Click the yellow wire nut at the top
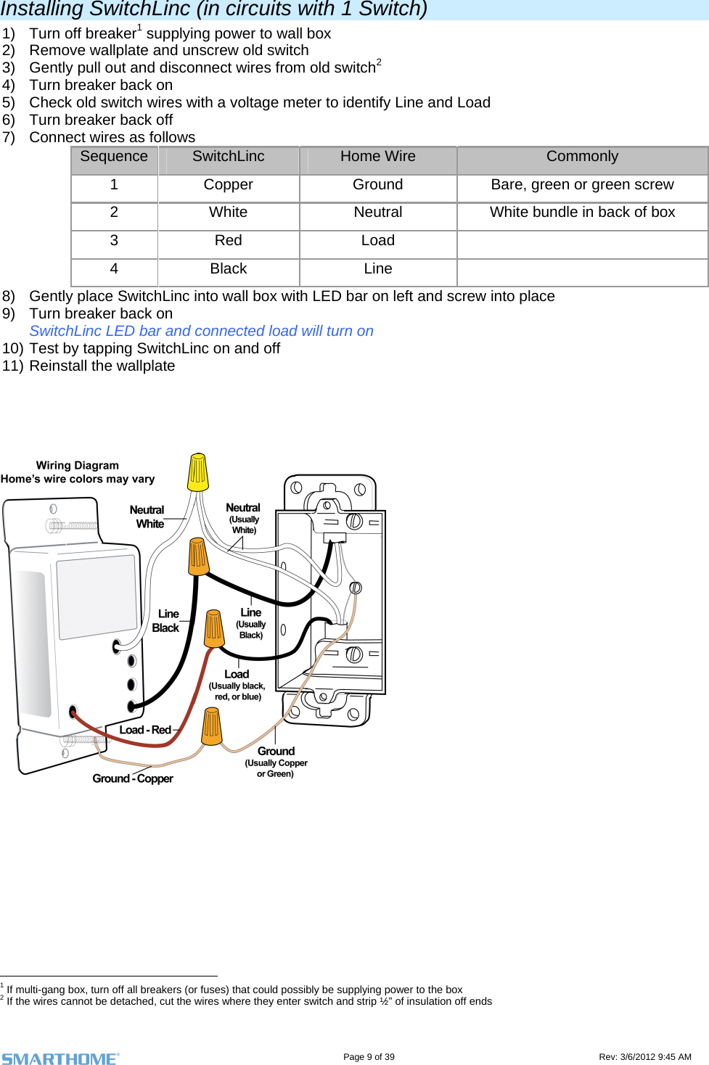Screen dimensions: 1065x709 coord(198,472)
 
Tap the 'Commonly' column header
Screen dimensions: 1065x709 coord(582,157)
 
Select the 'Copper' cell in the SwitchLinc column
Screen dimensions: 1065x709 coord(228,185)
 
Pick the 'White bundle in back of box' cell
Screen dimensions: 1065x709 coord(582,213)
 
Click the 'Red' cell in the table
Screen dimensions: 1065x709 coord(228,241)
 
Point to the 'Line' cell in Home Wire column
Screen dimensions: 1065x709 coord(377,269)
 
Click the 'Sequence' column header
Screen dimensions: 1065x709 coord(114,157)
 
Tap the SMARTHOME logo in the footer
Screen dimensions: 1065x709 coord(60,1058)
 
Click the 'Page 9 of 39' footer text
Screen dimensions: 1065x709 coord(369,1057)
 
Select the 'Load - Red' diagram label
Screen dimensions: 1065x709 coord(145,730)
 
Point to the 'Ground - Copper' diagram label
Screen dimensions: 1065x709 coord(133,778)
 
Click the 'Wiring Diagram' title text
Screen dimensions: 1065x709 coord(77,466)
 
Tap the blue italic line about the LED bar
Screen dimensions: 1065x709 coord(201,331)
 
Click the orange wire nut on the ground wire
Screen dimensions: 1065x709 coord(211,726)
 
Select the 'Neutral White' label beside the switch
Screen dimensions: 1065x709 coord(148,517)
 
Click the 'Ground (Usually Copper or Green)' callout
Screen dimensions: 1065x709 coord(276,762)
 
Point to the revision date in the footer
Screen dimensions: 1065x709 coord(644,1057)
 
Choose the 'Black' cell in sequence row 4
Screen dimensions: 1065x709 coord(228,269)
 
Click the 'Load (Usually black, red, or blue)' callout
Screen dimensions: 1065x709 coord(237,685)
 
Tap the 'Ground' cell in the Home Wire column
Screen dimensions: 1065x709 coord(377,185)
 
